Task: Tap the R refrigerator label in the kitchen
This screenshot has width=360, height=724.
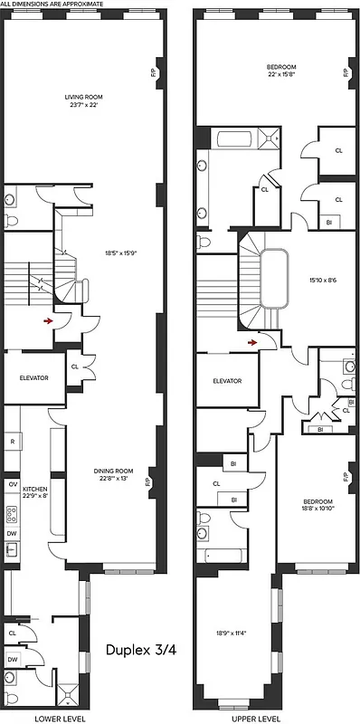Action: click(13, 443)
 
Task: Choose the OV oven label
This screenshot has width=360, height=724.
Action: click(12, 484)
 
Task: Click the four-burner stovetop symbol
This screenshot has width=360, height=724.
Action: click(12, 516)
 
